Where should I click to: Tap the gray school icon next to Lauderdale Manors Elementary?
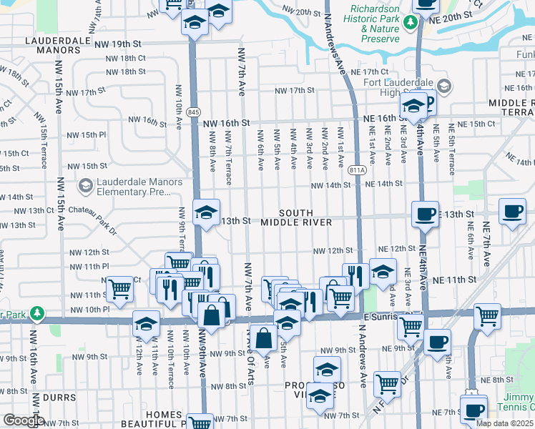point(86,187)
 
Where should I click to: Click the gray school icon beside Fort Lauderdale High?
point(444,87)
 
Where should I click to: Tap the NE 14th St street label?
point(384,184)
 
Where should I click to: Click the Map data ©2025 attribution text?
point(505,423)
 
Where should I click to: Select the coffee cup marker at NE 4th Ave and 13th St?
point(426,214)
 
